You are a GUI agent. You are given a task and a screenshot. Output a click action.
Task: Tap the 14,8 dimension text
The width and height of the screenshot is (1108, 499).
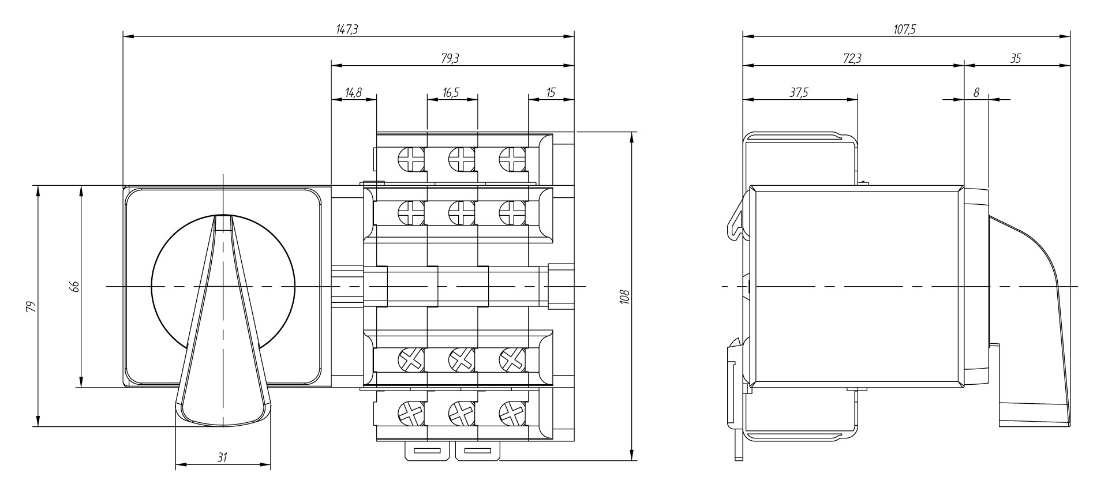[x=353, y=92]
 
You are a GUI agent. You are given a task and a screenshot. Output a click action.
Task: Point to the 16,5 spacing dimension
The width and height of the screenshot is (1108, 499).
[x=452, y=92]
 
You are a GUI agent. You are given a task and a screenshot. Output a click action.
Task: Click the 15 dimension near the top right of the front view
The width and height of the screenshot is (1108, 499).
[x=551, y=92]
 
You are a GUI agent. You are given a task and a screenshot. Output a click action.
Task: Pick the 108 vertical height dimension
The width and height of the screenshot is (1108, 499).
[x=624, y=297]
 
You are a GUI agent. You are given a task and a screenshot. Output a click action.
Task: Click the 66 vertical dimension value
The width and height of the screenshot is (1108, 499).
[x=74, y=287]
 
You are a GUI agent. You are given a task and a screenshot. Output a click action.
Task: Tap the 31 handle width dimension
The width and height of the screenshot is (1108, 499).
[x=222, y=457]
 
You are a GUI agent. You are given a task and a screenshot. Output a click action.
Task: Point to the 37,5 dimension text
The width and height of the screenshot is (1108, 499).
[x=799, y=92]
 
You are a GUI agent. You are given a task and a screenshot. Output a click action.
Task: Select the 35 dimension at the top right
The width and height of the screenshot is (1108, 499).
[x=1016, y=58]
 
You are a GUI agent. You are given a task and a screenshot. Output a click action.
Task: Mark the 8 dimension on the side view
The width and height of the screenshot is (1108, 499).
[x=976, y=92]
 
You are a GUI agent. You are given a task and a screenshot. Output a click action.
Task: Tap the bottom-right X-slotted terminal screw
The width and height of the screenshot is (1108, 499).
[x=511, y=413]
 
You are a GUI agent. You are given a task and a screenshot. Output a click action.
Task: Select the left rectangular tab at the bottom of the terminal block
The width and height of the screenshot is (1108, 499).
[x=427, y=451]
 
